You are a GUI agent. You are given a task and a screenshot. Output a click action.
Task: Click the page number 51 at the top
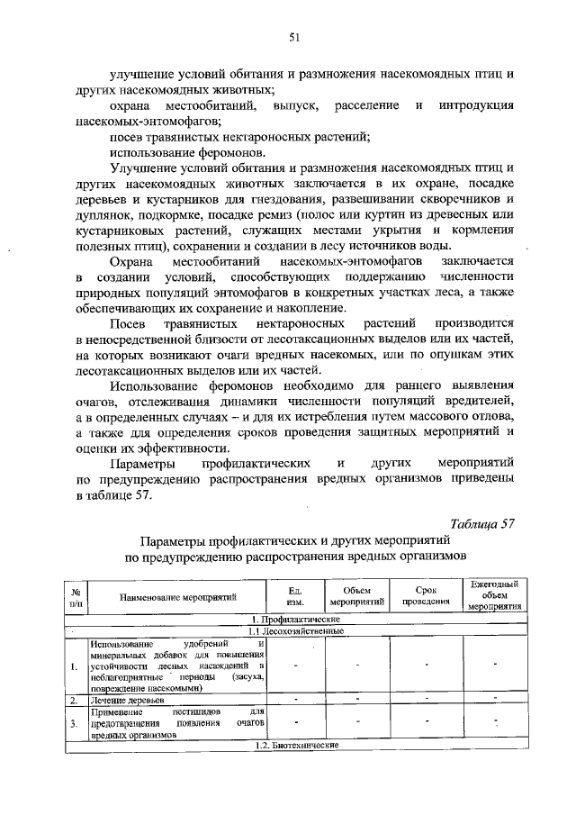[293, 37]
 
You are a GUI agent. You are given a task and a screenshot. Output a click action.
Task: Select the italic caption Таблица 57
[481, 526]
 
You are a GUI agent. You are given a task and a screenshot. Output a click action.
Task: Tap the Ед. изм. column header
[293, 596]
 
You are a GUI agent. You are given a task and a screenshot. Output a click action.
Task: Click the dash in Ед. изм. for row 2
[294, 699]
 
